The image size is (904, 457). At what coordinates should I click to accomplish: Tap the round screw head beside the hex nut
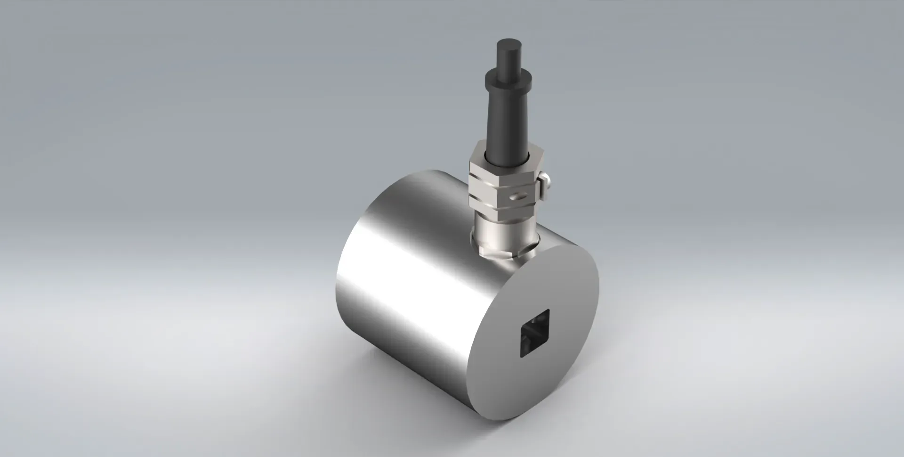tap(546, 180)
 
